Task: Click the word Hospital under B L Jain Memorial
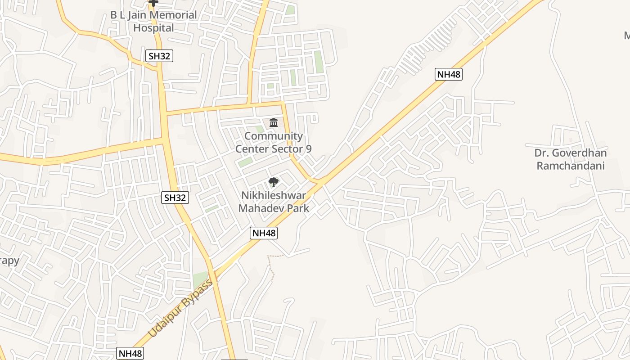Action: pyautogui.click(x=153, y=28)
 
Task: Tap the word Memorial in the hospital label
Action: pyautogui.click(x=173, y=15)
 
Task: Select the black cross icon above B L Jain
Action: pyautogui.click(x=153, y=3)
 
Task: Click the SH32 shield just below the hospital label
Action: pyautogui.click(x=159, y=56)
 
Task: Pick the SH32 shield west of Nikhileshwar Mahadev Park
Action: pyautogui.click(x=175, y=198)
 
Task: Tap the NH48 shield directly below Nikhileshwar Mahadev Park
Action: pyautogui.click(x=264, y=233)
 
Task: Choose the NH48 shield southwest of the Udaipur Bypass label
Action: pyautogui.click(x=130, y=353)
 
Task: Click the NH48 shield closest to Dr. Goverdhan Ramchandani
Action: pyautogui.click(x=449, y=74)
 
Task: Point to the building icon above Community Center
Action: pyautogui.click(x=273, y=122)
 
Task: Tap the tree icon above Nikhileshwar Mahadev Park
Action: pyautogui.click(x=273, y=182)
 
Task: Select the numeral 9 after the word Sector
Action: pyautogui.click(x=308, y=149)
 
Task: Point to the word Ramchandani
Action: pyautogui.click(x=570, y=166)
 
